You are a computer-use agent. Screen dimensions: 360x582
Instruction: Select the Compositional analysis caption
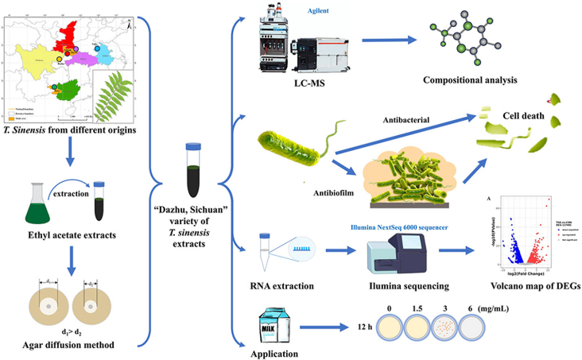pyautogui.click(x=470, y=80)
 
